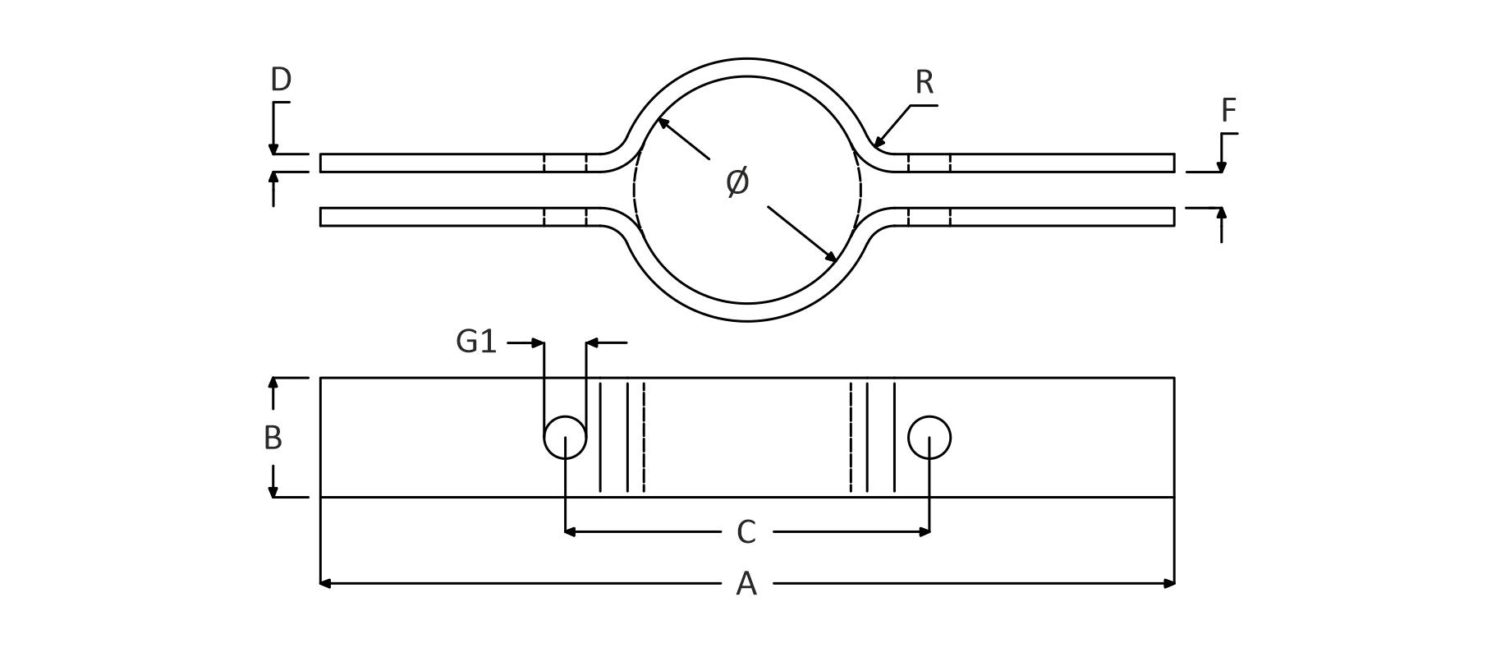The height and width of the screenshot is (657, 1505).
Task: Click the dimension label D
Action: [281, 80]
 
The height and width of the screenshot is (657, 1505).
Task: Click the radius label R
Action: [924, 82]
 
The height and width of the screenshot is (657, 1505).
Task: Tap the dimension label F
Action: [1228, 111]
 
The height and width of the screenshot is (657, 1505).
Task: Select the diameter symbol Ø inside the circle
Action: [737, 181]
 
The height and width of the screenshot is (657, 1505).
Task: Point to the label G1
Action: [476, 342]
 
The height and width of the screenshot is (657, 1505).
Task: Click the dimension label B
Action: [273, 439]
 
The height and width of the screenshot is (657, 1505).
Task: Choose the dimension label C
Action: [746, 533]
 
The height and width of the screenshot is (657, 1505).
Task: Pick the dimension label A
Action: [746, 584]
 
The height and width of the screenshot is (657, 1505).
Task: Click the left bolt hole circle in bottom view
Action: [565, 438]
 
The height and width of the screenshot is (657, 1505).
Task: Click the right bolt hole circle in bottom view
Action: [929, 438]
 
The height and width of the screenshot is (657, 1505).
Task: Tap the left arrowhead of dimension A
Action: [324, 584]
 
